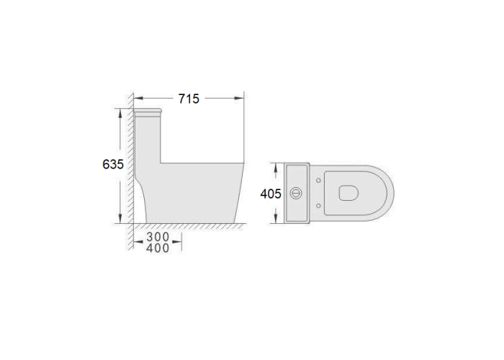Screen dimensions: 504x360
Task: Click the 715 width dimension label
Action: (189, 99)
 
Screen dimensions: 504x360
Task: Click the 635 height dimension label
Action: (113, 164)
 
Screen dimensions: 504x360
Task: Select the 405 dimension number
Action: (271, 194)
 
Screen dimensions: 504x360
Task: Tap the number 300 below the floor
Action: (158, 237)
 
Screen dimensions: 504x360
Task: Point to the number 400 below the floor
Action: (158, 248)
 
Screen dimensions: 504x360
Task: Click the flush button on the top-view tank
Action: (296, 193)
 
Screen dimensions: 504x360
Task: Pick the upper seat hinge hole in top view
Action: (318, 180)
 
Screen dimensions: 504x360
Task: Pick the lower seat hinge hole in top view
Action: (318, 206)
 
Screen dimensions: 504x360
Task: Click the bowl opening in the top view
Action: (348, 193)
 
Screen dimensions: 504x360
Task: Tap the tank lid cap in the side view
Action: (147, 112)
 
